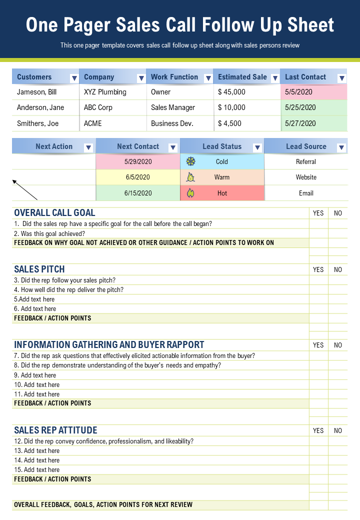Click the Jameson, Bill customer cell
tap(37, 92)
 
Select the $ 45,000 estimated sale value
tap(232, 92)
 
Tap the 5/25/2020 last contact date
tap(300, 107)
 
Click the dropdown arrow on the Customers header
tap(74, 78)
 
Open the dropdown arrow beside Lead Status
tap(257, 147)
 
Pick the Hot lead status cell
tap(222, 193)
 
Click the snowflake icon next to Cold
tap(190, 161)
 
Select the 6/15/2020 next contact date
tap(138, 193)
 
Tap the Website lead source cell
tap(306, 177)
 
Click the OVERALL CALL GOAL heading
tap(54, 212)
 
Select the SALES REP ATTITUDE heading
tap(55, 430)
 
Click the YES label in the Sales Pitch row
tap(318, 269)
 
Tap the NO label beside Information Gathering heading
tap(338, 345)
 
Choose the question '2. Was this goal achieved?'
tap(49, 233)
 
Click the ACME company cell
tap(93, 123)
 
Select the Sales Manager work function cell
tap(173, 107)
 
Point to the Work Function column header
tap(174, 77)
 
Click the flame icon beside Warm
tap(190, 177)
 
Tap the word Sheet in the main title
tap(309, 25)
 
